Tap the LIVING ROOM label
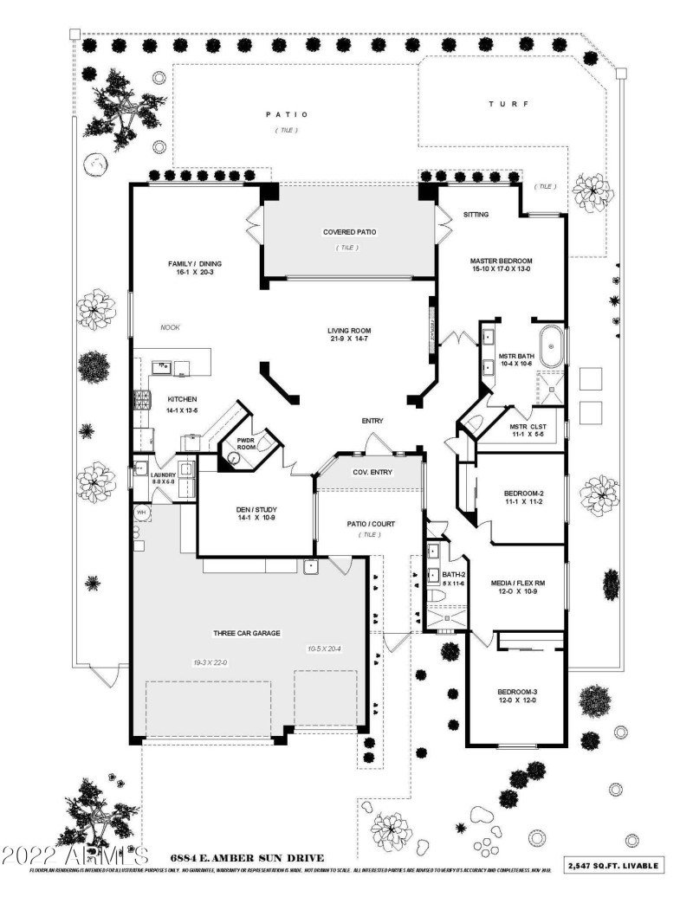click(349, 331)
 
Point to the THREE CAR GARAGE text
click(241, 634)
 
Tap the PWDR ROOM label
click(246, 442)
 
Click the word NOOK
click(170, 327)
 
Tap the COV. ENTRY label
click(372, 472)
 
